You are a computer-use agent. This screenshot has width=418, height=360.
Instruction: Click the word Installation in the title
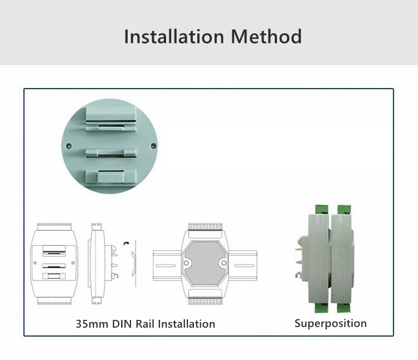tap(174, 36)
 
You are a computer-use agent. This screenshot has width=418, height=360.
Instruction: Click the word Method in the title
tap(266, 36)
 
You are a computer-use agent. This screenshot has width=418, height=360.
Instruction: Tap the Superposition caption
tap(330, 323)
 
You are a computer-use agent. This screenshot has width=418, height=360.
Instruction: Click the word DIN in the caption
tap(122, 324)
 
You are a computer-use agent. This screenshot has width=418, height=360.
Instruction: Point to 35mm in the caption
tap(92, 324)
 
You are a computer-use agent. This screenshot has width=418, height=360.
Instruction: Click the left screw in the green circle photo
tap(69, 146)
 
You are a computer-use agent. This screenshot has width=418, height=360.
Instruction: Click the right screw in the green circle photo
tap(154, 146)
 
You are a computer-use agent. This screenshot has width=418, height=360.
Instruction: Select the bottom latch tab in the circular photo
tap(111, 177)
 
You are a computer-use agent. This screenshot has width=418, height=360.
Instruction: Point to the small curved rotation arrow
tap(126, 244)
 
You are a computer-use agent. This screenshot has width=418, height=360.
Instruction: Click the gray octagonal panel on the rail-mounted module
tap(205, 263)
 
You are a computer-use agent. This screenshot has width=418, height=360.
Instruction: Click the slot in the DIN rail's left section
tap(166, 266)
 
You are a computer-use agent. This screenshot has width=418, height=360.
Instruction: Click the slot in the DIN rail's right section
tap(245, 266)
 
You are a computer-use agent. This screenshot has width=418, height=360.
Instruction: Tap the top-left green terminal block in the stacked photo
tap(322, 210)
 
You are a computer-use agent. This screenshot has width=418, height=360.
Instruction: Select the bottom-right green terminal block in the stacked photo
tap(344, 308)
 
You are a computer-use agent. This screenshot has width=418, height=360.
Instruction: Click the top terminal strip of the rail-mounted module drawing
tap(205, 227)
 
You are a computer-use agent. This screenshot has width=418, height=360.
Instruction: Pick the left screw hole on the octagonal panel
tap(186, 263)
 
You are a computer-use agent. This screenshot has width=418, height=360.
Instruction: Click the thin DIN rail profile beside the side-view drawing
tap(134, 264)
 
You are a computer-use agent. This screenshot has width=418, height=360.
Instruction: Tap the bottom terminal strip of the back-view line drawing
tap(55, 301)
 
